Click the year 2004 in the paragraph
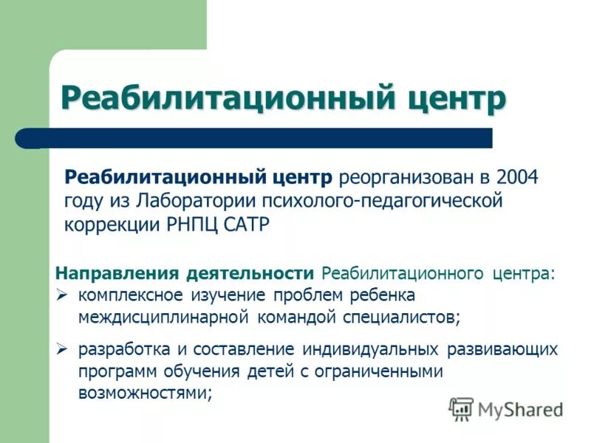point(518,178)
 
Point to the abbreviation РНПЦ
point(194,224)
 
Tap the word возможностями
point(144,394)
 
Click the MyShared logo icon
point(461,409)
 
